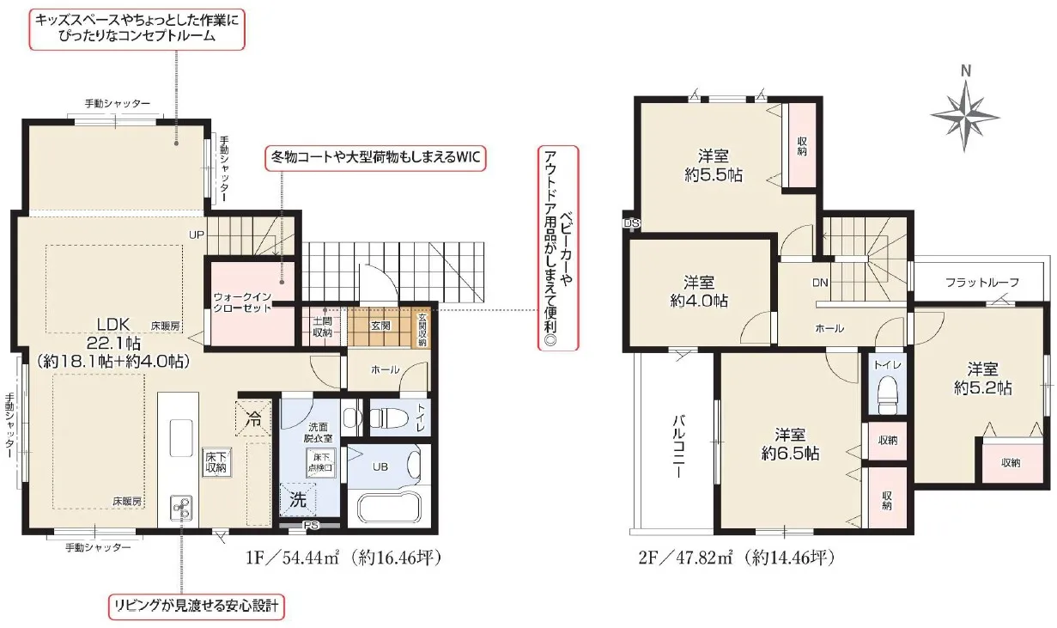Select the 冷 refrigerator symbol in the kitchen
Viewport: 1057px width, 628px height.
tap(254, 418)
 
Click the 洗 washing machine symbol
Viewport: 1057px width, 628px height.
tap(298, 500)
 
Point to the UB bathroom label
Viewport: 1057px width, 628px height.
tap(380, 467)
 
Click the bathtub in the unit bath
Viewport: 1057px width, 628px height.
tap(388, 509)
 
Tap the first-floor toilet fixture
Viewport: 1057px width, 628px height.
tap(388, 418)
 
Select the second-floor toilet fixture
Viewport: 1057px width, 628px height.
tap(887, 394)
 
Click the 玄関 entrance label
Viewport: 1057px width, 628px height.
tap(380, 326)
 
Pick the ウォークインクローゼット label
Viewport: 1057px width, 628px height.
tap(242, 302)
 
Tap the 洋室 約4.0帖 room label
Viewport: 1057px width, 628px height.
tap(699, 291)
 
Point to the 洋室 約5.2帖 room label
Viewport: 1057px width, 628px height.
tap(983, 378)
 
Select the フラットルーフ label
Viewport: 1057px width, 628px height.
tap(982, 283)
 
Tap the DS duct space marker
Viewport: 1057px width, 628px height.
tap(631, 223)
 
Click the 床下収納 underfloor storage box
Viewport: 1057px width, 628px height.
tap(216, 462)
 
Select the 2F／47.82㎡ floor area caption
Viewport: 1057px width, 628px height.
tap(736, 558)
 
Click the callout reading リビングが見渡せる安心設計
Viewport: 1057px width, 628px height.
tap(197, 607)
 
